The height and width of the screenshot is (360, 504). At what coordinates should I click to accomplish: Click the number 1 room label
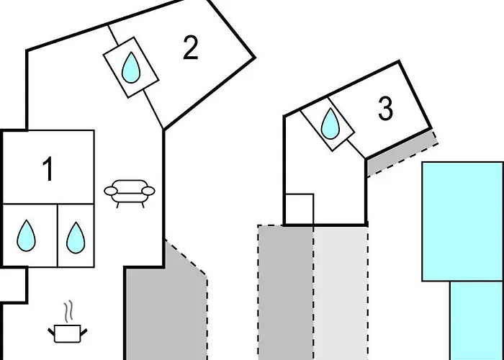48,168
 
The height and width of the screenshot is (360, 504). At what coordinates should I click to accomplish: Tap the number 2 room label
191,48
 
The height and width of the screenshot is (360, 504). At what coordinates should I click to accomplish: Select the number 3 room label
385,109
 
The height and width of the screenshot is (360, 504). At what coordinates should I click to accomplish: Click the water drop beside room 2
131,68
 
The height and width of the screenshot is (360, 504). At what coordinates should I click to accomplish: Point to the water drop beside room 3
330,124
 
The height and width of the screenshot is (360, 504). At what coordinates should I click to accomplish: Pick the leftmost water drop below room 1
27,235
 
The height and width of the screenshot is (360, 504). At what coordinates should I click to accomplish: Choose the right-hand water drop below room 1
76,238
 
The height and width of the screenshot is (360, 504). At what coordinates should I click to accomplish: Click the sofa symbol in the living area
130,193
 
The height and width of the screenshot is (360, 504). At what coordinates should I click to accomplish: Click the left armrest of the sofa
111,191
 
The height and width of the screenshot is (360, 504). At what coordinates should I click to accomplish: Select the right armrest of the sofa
148,191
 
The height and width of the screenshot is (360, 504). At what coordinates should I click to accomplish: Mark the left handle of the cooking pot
51,332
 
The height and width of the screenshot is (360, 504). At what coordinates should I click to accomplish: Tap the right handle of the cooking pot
84,332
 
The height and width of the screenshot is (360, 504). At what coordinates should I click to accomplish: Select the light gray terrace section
341,292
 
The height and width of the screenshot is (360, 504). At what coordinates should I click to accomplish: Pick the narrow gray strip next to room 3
402,152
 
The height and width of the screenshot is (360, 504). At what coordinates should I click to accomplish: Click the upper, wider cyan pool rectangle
463,222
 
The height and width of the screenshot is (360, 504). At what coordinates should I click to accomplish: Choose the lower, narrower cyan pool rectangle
477,320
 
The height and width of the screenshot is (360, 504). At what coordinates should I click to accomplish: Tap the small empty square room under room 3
300,209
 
